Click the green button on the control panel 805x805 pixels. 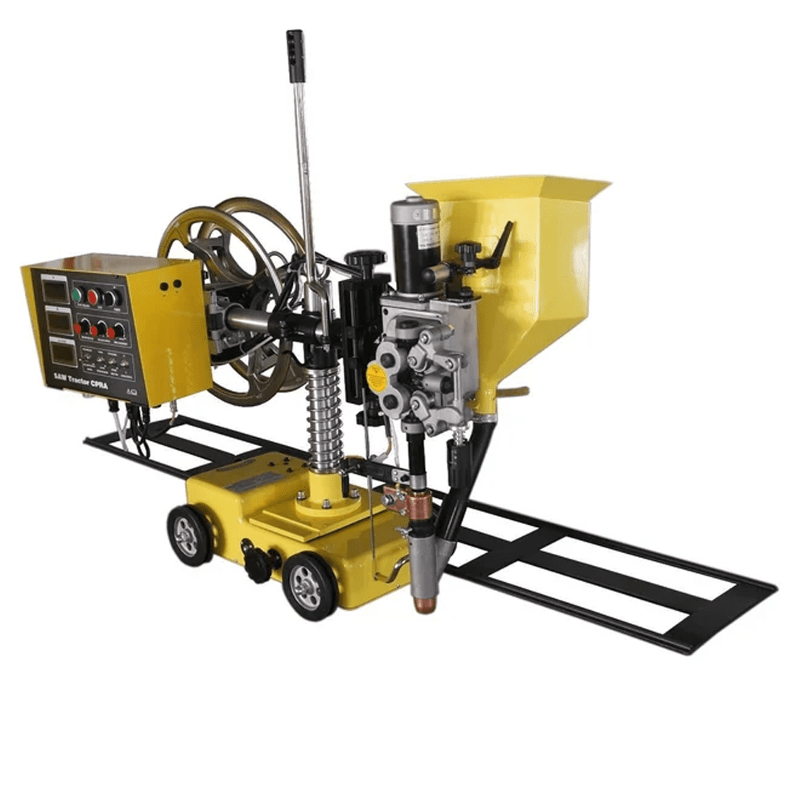click(77, 295)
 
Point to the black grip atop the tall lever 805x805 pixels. click(295, 52)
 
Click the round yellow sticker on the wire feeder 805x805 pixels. click(374, 376)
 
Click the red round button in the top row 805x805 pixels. click(93, 297)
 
